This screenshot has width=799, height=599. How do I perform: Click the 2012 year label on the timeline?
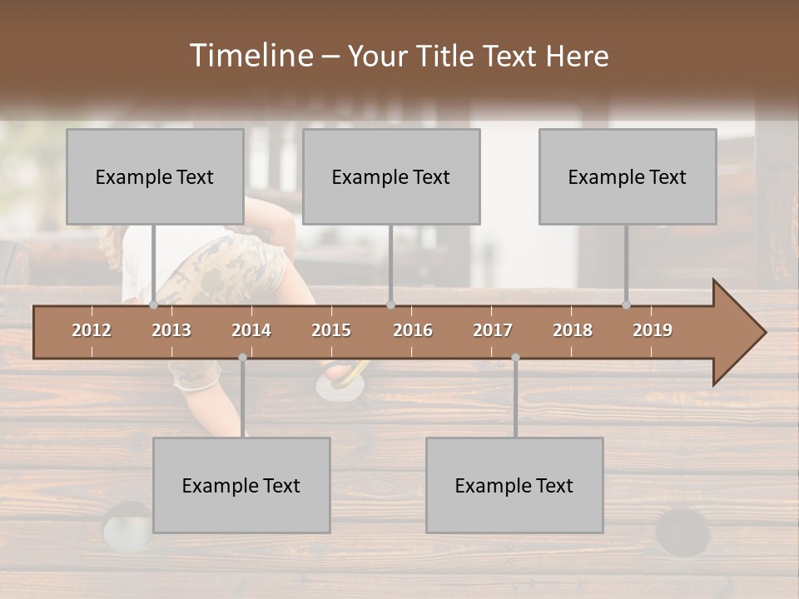pos(92,330)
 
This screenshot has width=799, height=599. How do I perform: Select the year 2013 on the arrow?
pos(171,330)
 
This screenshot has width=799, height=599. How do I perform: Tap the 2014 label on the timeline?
pos(251,330)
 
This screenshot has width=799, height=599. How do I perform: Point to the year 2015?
pos(331,330)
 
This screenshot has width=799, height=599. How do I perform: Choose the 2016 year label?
pos(413,330)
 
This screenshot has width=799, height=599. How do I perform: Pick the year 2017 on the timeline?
pos(493,330)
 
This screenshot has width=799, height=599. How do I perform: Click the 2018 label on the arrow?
pos(573,330)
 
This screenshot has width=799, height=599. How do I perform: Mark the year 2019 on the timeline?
pos(653,330)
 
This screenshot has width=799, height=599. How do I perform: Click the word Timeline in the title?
pos(251,56)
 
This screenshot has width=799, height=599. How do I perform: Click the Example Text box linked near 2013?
pos(155,176)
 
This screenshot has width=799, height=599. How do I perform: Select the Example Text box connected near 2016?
pos(391,176)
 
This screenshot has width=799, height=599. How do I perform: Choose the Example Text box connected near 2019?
pos(628,176)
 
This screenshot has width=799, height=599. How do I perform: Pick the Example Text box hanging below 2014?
pos(241,485)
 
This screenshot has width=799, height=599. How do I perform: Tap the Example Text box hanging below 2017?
pos(514,485)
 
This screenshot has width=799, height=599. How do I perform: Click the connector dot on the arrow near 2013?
pos(154,305)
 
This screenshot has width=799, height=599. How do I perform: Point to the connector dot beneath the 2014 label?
pos(242,358)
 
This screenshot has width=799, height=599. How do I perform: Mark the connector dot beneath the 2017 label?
pos(515,358)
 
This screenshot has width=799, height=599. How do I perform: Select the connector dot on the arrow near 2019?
pos(627,305)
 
